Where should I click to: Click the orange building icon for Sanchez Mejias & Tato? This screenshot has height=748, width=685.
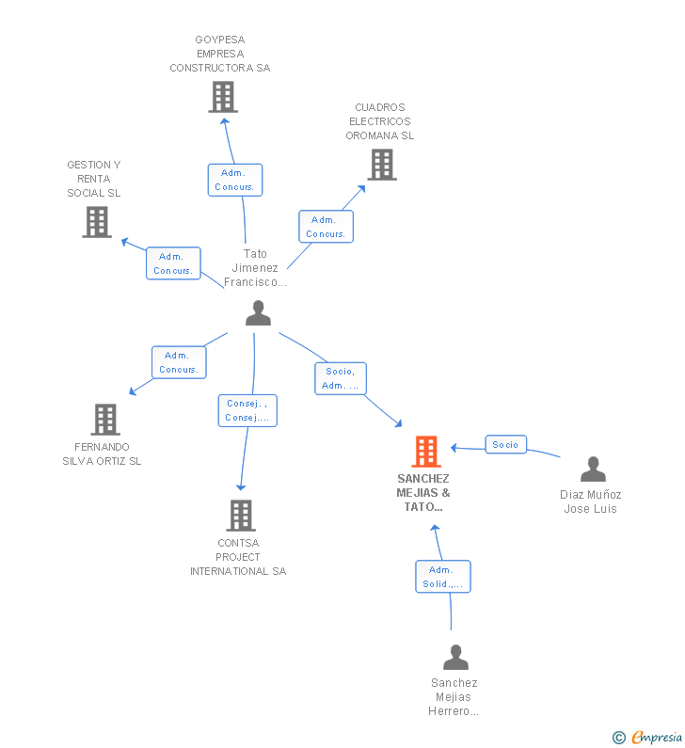426,452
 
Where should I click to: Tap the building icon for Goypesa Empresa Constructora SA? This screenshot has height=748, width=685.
223,97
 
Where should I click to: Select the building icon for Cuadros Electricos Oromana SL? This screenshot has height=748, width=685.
382,165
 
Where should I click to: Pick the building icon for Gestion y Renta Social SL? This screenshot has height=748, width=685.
97,222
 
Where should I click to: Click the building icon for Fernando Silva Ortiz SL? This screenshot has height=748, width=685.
105,420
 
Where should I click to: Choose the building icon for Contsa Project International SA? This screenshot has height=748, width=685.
241,516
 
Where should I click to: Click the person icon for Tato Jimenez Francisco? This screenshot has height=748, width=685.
258,313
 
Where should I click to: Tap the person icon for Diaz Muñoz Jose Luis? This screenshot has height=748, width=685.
593,469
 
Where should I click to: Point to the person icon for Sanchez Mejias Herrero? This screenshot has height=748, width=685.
455,657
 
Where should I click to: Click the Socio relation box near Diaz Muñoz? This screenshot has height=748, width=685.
505,445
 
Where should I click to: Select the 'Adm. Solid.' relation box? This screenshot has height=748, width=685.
442,577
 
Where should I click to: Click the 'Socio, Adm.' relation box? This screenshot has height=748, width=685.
340,378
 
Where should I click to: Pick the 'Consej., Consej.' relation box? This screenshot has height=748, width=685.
247,410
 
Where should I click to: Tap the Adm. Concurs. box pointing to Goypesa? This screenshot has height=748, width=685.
234,180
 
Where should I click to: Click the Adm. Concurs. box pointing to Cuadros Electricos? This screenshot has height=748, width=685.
326,227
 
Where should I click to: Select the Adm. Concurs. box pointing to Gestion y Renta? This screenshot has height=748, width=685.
173,263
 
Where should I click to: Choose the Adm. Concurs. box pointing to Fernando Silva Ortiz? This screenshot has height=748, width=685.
179,362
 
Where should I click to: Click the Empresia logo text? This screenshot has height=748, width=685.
657,738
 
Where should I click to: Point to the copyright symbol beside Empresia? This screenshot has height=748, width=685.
619,738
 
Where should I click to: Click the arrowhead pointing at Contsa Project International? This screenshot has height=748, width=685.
241,487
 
